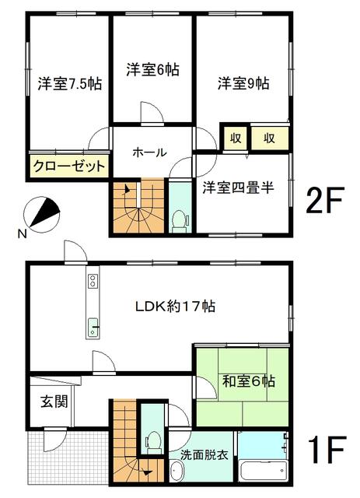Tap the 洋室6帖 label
pos(152,69)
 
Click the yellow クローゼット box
pos(68,167)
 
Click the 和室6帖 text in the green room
pos(248,382)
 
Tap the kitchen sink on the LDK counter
pos(93,327)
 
